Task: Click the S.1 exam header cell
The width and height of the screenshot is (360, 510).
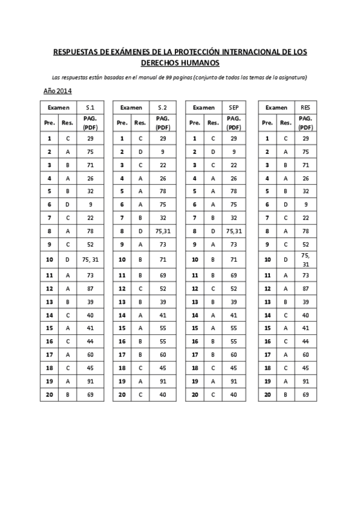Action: pos(90,107)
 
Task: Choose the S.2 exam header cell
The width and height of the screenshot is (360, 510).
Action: pos(162,107)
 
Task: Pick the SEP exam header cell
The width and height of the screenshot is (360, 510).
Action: pos(234,107)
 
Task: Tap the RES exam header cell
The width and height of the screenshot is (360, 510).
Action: pos(305,107)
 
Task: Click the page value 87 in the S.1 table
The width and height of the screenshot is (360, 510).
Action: pos(90,289)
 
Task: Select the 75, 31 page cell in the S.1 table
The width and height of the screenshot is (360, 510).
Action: pos(90,260)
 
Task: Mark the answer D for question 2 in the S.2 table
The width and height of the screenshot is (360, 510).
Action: pos(140,152)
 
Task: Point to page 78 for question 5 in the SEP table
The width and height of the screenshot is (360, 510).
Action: pos(234,191)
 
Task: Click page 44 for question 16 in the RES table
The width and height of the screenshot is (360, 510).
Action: pos(305,341)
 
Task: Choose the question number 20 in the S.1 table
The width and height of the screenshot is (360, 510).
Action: pos(49,394)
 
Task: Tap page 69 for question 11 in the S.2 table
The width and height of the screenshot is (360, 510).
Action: pos(162,275)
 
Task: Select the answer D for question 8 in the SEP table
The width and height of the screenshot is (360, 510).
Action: pos(212,230)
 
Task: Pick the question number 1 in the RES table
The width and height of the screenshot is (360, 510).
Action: pos(267,138)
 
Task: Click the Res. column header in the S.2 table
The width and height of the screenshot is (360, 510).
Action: pos(140,123)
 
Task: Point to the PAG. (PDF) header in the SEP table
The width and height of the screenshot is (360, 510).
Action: pos(234,123)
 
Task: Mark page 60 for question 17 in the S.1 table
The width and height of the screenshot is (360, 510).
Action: pos(90,354)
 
